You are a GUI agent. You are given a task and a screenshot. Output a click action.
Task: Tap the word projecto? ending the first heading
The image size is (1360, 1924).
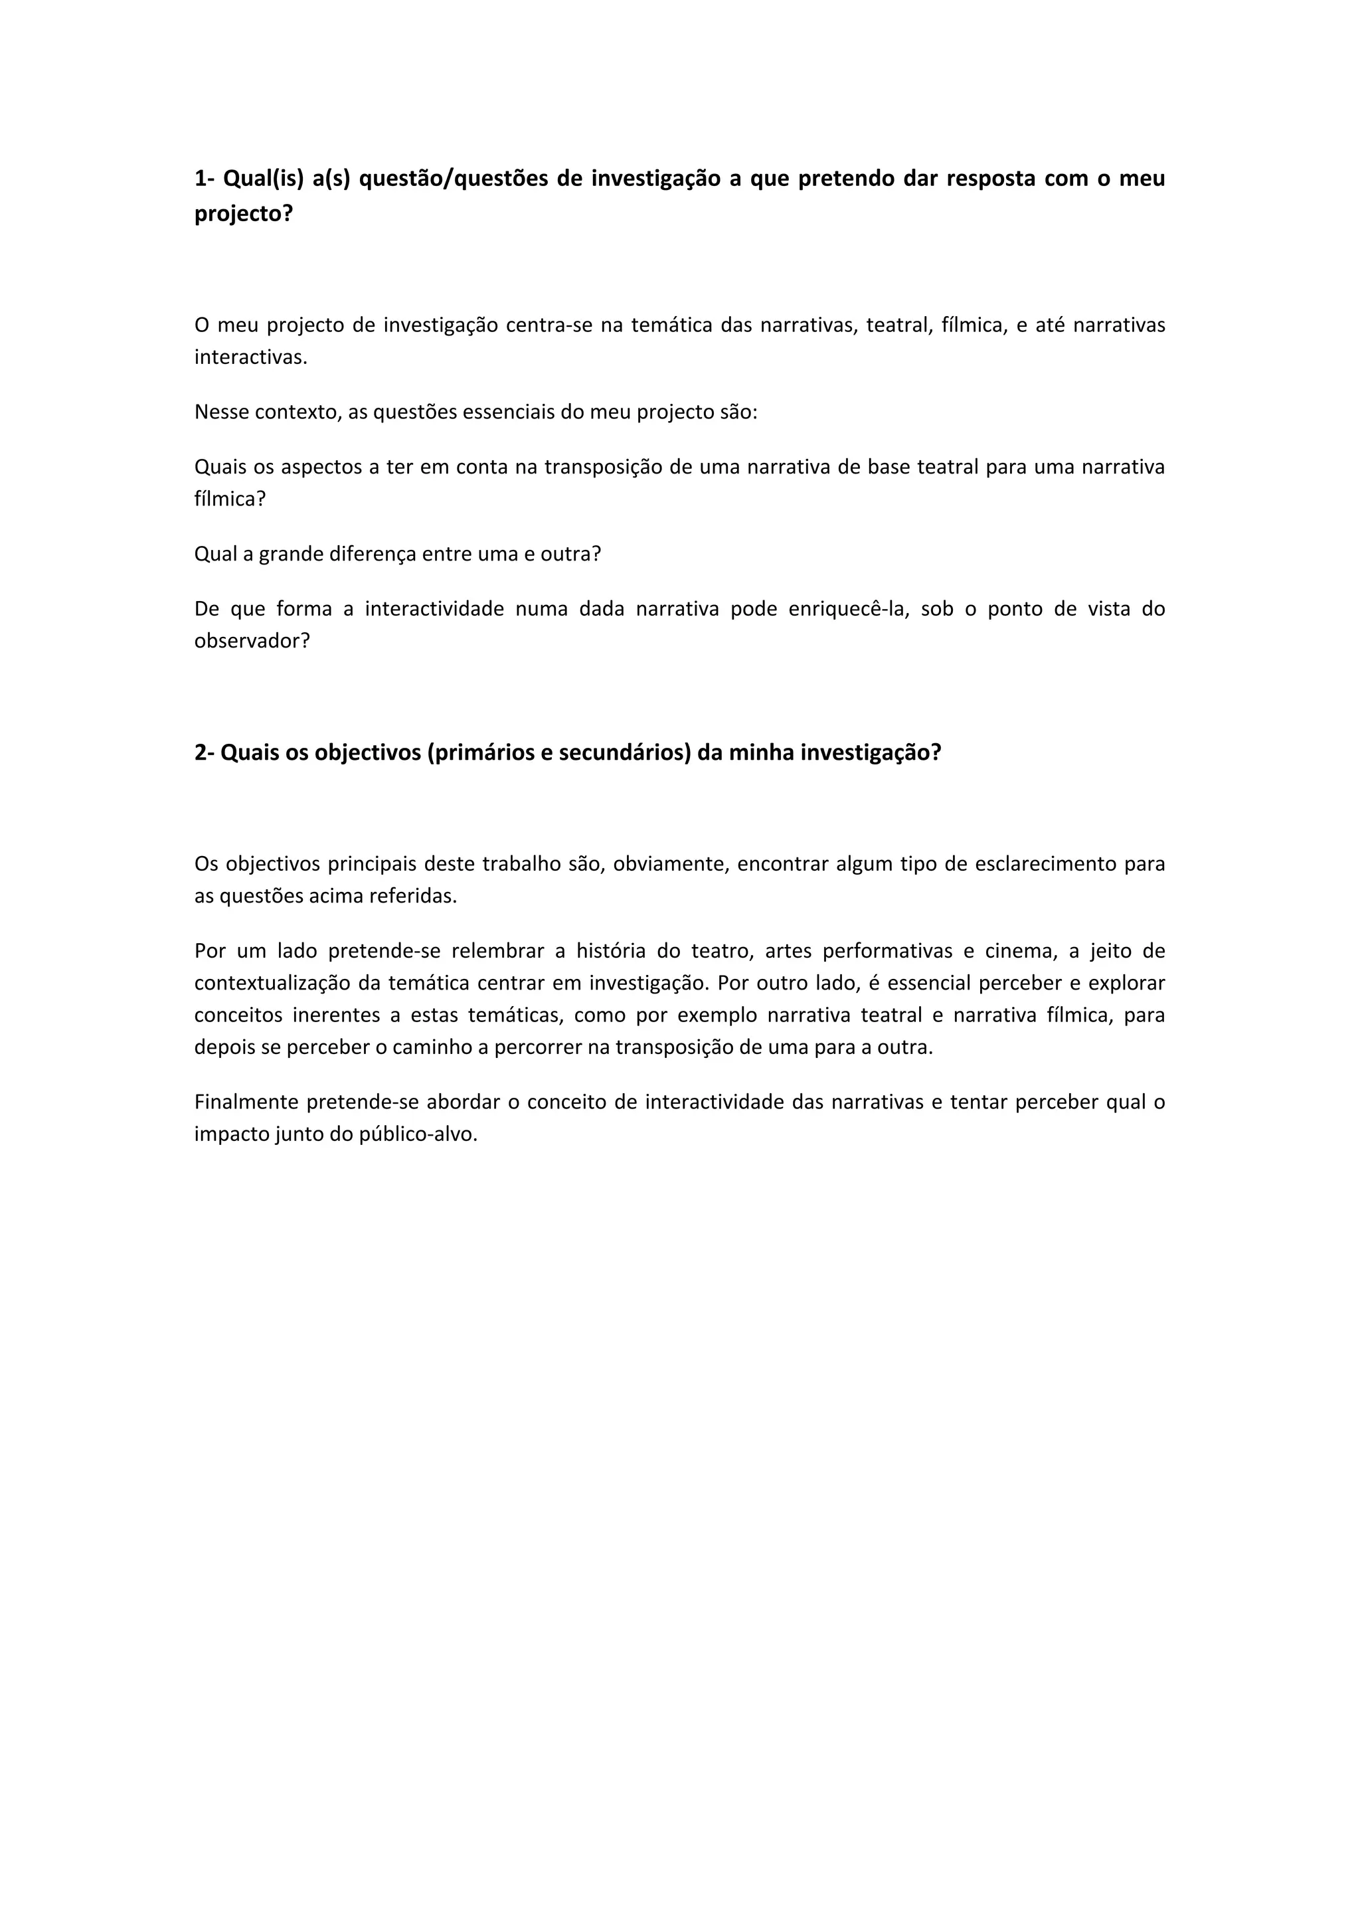[x=244, y=214]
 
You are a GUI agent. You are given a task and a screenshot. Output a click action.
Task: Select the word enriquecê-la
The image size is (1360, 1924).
[x=848, y=608]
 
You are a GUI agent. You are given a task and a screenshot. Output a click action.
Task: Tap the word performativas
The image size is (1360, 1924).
[x=887, y=951]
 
